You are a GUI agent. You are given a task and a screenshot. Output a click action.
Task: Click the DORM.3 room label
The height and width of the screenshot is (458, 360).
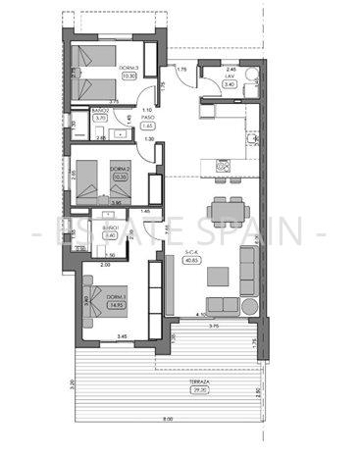(x=129, y=67)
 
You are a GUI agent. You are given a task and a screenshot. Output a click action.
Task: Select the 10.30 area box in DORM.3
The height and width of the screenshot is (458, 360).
(x=129, y=75)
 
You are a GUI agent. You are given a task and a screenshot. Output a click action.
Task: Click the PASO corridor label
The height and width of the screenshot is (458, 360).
(x=147, y=119)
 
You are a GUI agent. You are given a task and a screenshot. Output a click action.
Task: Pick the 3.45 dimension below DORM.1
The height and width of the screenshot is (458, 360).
(x=121, y=337)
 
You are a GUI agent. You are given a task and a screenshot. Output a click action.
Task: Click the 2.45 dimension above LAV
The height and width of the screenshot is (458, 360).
(x=231, y=70)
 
